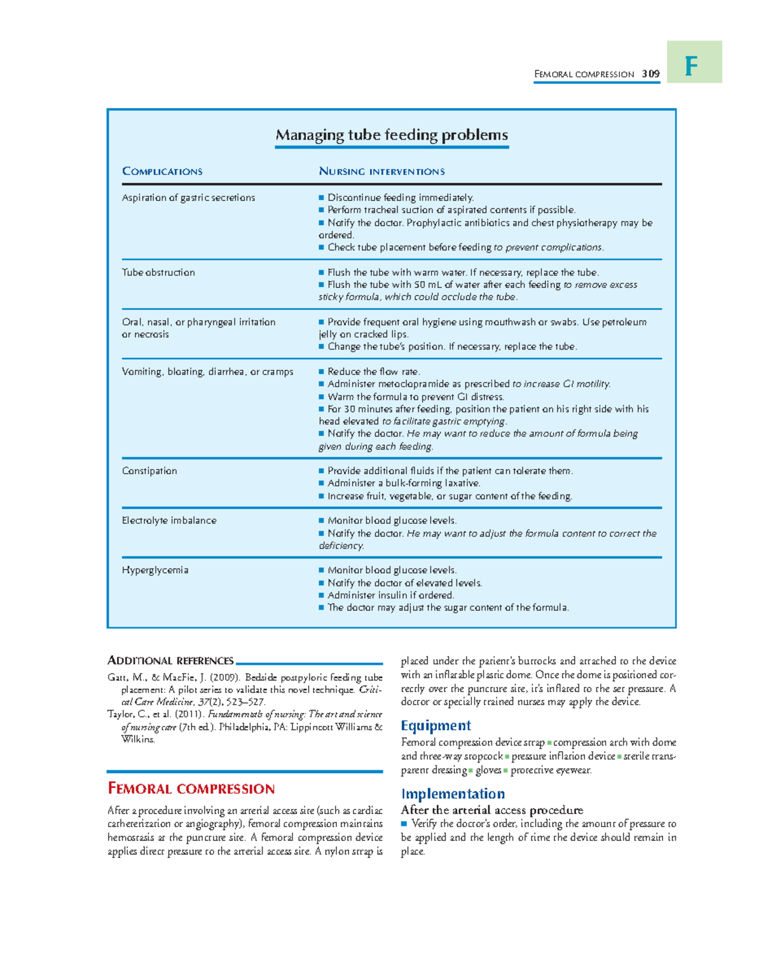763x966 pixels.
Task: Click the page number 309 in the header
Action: click(x=650, y=74)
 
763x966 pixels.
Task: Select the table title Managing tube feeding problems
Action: click(x=391, y=135)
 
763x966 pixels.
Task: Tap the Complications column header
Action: click(x=162, y=172)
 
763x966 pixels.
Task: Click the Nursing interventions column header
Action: click(x=381, y=172)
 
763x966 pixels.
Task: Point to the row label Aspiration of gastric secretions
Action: click(x=188, y=198)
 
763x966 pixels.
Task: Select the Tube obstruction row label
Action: click(x=158, y=273)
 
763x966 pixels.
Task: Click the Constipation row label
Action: click(x=149, y=471)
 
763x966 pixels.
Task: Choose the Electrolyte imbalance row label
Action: click(x=169, y=520)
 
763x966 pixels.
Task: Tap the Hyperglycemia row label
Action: click(x=155, y=570)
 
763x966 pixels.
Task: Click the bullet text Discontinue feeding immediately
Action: click(x=400, y=198)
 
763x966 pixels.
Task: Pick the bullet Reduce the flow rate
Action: click(x=373, y=372)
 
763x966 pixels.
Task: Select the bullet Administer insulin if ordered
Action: click(x=390, y=595)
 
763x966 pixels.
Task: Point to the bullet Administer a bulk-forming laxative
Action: click(x=404, y=484)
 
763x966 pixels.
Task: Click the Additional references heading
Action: click(x=170, y=661)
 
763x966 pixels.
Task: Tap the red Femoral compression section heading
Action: click(x=191, y=789)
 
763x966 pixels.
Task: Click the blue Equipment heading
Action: click(x=436, y=726)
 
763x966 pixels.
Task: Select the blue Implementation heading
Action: click(x=453, y=794)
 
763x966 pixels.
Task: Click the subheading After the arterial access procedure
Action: click(x=491, y=810)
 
